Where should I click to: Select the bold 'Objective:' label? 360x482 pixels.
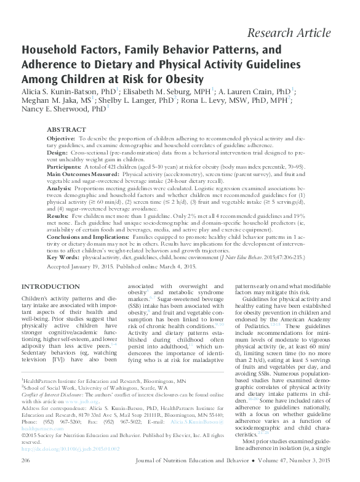[61, 140]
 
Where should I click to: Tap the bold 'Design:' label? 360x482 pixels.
[58, 151]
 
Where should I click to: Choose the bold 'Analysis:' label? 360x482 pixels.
[60, 189]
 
